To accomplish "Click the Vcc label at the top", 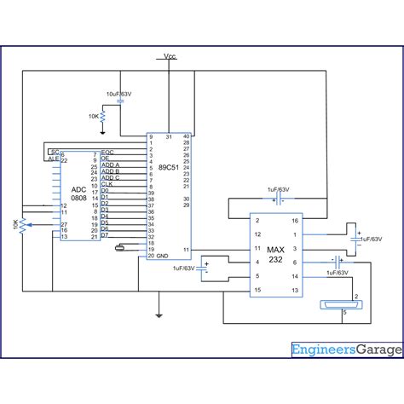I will coord(170,57).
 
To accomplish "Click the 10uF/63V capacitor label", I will coord(118,91).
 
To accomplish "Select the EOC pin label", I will coord(107,152).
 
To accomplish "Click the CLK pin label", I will coord(107,182).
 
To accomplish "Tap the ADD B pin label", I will coord(111,170).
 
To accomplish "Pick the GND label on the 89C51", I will coord(162,255).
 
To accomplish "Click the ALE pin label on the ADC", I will coord(52,159).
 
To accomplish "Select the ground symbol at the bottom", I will coord(159,314).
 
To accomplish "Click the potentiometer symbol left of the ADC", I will coord(21,223).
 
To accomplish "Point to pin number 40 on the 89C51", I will coord(187,136).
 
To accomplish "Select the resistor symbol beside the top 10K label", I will coord(102,115).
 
